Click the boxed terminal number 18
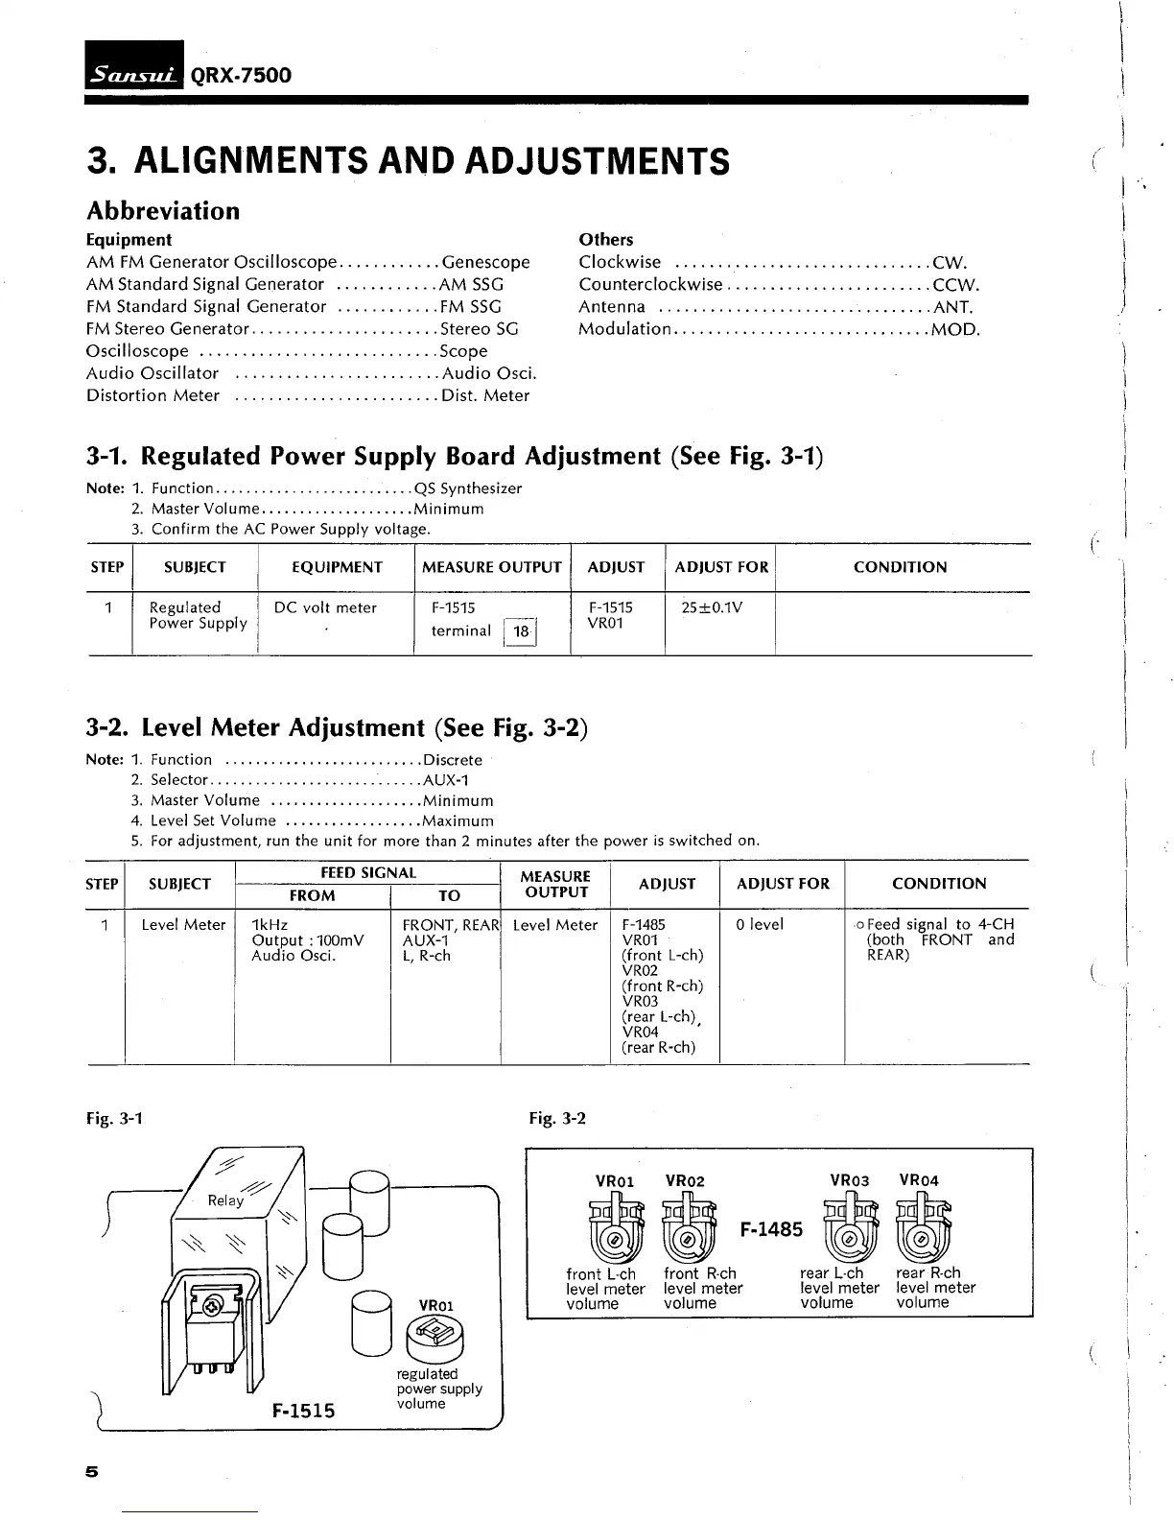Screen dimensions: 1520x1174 point(521,631)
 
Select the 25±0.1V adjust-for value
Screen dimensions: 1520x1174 point(712,607)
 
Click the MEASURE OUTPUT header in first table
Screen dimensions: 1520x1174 point(492,567)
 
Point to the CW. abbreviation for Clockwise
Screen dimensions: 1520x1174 point(950,262)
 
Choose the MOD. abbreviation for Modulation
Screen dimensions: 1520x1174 point(955,329)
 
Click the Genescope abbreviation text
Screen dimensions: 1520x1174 point(485,262)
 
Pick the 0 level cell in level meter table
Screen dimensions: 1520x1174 point(760,924)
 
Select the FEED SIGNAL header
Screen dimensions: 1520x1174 point(367,872)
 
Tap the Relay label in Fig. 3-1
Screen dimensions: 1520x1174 point(225,1200)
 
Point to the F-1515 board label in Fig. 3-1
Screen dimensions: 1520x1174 point(303,1410)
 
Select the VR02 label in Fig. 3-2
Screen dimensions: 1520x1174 point(684,1180)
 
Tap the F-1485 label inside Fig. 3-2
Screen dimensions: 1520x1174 point(771,1229)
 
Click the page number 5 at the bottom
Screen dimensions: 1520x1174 point(92,1472)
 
